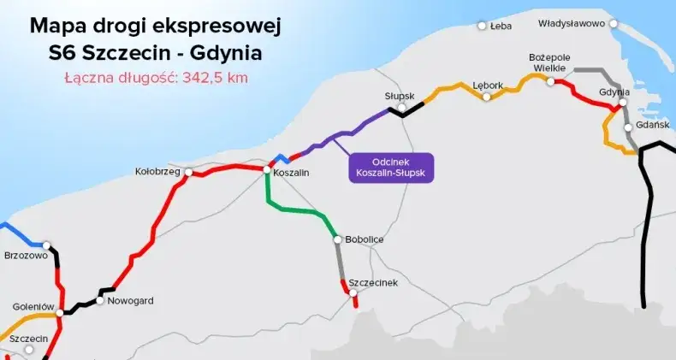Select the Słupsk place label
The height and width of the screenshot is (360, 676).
pos(399,96)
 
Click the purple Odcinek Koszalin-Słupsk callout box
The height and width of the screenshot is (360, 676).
pos(392,167)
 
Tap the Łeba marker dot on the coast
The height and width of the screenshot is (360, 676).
pos(483,26)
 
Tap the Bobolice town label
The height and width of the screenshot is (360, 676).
pos(364,239)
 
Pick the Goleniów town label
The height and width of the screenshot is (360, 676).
pos(33,306)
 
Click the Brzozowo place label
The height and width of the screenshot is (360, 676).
pos(26,255)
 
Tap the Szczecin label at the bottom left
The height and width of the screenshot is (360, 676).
pos(28,339)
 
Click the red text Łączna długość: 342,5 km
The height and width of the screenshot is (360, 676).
pos(156,78)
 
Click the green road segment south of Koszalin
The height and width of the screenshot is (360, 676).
pos(299,209)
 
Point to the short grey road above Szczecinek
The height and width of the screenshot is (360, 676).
pos(341,261)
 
